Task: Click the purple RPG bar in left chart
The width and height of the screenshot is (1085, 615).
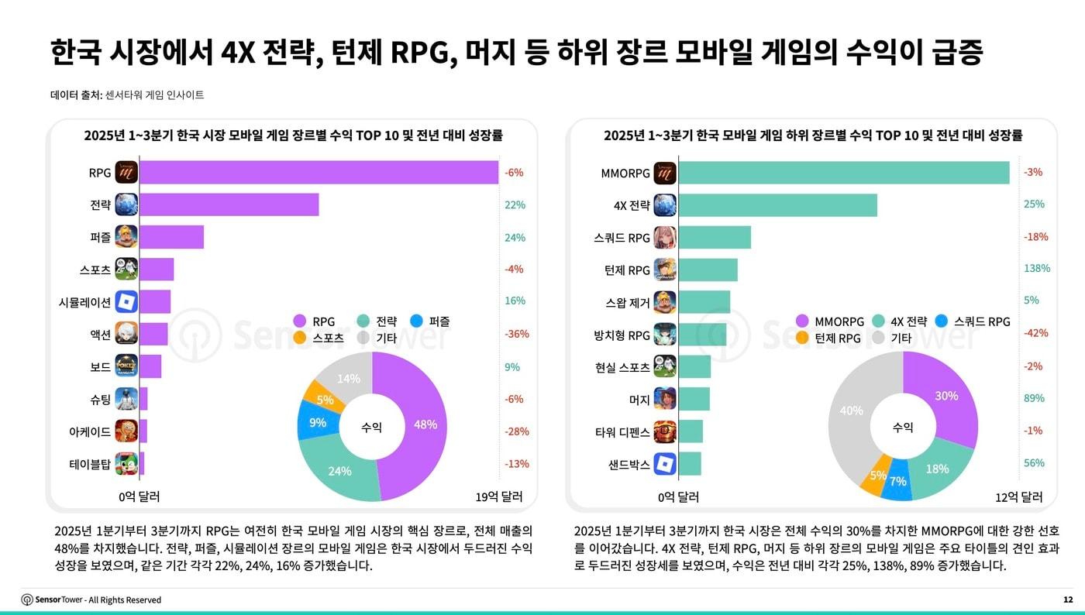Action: pos(318,173)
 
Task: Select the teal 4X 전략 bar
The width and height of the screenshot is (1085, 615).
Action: pos(777,205)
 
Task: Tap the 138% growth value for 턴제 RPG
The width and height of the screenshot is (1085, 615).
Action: pos(1035,269)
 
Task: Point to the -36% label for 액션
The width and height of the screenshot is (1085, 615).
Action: pos(516,335)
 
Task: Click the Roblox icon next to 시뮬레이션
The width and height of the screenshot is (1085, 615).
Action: pos(126,301)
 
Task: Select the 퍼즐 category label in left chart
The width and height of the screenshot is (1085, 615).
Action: pos(100,238)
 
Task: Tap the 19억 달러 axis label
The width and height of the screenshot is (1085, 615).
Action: pos(498,496)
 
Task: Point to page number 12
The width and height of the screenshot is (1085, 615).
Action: pos(1068,600)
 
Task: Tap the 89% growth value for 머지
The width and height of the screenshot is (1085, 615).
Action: pos(1034,398)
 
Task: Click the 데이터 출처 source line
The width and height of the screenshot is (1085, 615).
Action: pos(127,95)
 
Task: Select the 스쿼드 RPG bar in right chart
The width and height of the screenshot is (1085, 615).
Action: pos(715,238)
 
